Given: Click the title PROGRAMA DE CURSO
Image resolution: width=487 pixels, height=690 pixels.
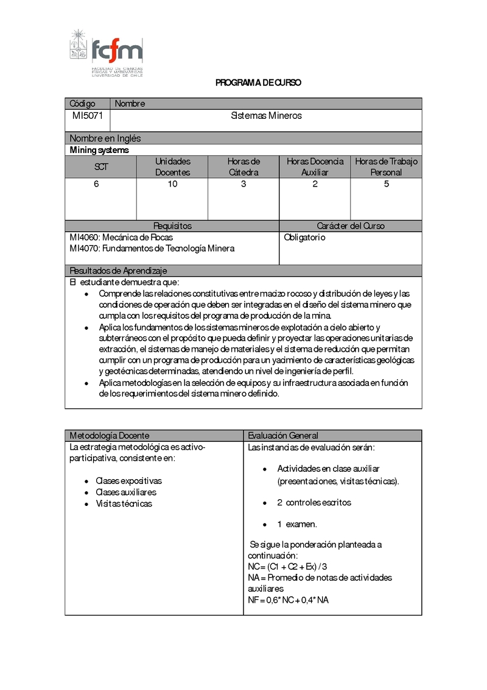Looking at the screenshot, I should pyautogui.click(x=258, y=83).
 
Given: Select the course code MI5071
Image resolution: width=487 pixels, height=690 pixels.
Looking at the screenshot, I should pyautogui.click(x=88, y=115).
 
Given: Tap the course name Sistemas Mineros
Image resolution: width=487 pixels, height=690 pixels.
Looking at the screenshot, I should pyautogui.click(x=266, y=115).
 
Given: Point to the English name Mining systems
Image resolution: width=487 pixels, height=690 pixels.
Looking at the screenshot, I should pyautogui.click(x=99, y=150).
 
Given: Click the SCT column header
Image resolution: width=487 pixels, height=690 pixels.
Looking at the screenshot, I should pyautogui.click(x=101, y=167).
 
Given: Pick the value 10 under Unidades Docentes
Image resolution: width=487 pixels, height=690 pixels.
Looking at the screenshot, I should pyautogui.click(x=173, y=184).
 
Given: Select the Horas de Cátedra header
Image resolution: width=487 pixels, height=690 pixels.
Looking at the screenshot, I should pyautogui.click(x=243, y=167).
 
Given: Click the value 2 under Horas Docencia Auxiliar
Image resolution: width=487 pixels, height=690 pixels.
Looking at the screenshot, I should pyautogui.click(x=315, y=184).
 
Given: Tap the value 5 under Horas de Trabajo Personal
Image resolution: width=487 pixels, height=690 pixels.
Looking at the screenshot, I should pyautogui.click(x=386, y=184).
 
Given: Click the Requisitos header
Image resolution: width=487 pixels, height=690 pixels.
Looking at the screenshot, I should pyautogui.click(x=172, y=226).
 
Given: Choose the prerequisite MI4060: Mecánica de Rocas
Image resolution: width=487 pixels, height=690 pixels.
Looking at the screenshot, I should pyautogui.click(x=125, y=237).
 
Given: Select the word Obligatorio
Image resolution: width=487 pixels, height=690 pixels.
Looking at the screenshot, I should pyautogui.click(x=305, y=237).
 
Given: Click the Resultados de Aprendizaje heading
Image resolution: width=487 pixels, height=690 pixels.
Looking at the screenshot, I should pyautogui.click(x=119, y=271).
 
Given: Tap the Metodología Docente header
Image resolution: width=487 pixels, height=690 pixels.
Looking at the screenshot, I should pyautogui.click(x=110, y=435).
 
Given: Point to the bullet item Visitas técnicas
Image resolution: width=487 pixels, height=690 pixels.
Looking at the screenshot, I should pyautogui.click(x=124, y=503).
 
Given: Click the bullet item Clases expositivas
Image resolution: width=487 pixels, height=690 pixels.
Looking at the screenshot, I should pyautogui.click(x=128, y=480).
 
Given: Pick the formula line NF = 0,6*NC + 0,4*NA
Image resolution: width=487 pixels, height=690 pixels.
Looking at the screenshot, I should pyautogui.click(x=289, y=600).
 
